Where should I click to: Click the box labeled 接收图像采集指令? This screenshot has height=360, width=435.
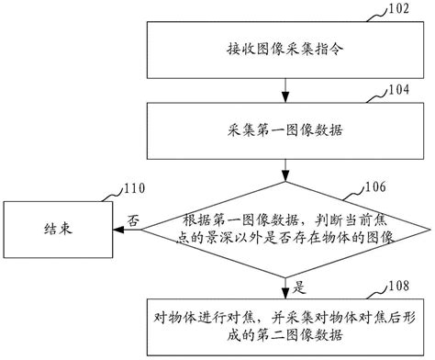(x=287, y=47)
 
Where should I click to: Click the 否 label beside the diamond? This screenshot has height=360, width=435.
(x=132, y=221)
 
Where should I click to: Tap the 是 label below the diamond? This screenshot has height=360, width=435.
(x=300, y=286)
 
